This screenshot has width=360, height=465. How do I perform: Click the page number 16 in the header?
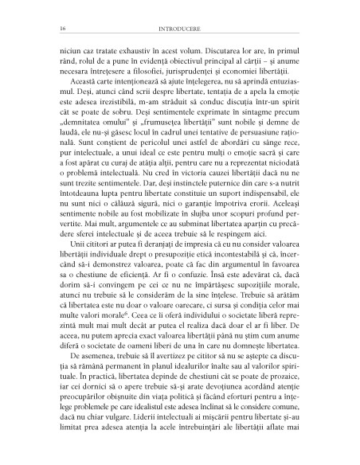click(51, 28)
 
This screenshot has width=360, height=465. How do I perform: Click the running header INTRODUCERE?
click(180, 28)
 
